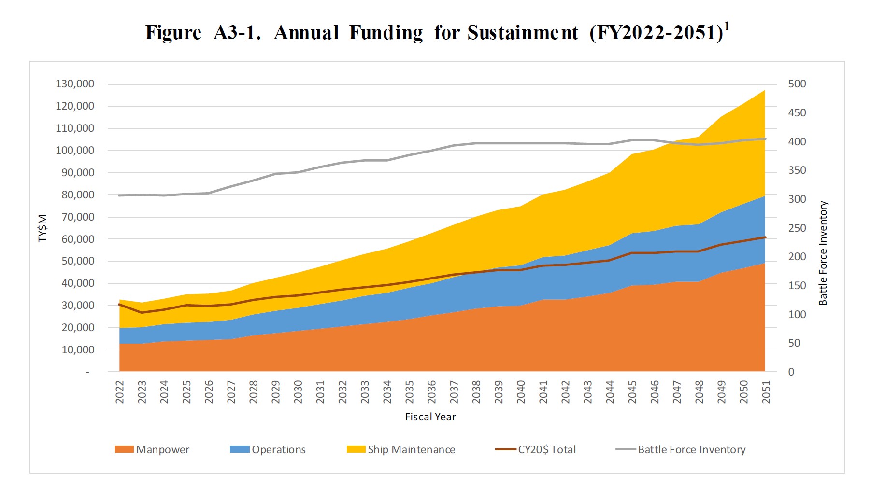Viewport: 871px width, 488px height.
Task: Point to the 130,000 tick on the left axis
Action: [x=75, y=84]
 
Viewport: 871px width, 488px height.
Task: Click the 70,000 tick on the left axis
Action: [x=77, y=217]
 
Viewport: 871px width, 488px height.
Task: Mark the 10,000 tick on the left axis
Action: [x=77, y=349]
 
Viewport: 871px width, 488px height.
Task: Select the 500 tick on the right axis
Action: [x=797, y=84]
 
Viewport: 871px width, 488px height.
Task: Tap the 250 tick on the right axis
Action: [x=797, y=228]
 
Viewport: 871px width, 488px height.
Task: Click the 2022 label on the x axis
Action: [x=120, y=391]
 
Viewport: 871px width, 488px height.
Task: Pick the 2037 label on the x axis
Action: [x=454, y=391]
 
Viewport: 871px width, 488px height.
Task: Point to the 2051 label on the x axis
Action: [x=766, y=391]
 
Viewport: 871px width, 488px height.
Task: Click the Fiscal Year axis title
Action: [x=430, y=417]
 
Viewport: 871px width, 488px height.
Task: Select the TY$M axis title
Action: [x=43, y=228]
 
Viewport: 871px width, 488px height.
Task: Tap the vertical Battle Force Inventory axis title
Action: [x=823, y=253]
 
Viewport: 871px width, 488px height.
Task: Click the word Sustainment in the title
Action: [x=523, y=33]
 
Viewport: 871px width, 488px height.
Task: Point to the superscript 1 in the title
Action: [x=727, y=27]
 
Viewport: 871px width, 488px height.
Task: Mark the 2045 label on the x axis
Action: [x=632, y=391]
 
